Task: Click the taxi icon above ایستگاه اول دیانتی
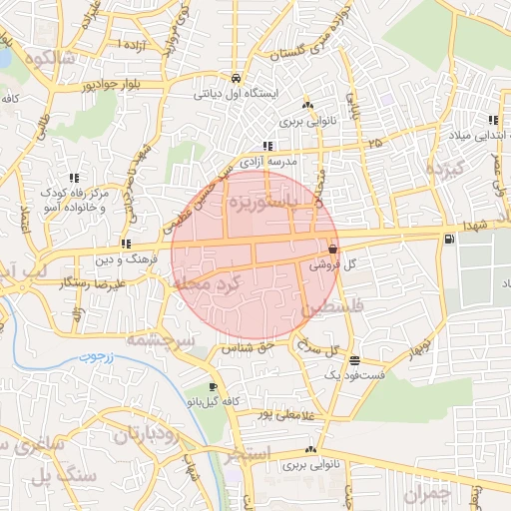click(235, 78)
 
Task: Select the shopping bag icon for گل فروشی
click(332, 249)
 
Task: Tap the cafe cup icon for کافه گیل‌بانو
click(213, 386)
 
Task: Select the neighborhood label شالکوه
click(45, 58)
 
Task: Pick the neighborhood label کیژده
click(446, 169)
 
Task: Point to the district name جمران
click(428, 492)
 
